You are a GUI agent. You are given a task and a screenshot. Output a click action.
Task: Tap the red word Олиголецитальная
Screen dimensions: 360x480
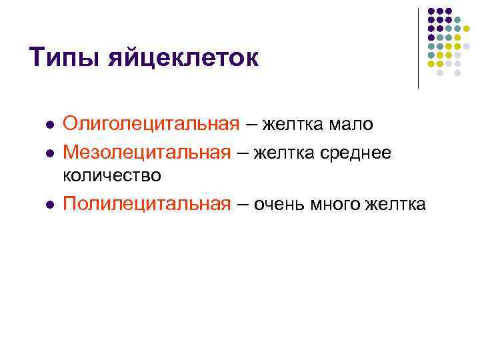(151, 124)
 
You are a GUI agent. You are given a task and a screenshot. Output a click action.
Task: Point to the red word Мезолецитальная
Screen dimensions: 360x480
(147, 153)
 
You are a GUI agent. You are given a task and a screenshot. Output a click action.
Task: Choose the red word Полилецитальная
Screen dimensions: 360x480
(146, 204)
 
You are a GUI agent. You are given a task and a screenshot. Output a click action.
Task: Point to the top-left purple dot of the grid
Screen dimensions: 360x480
(431, 11)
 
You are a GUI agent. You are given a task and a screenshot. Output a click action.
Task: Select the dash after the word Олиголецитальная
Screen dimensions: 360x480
(251, 125)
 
